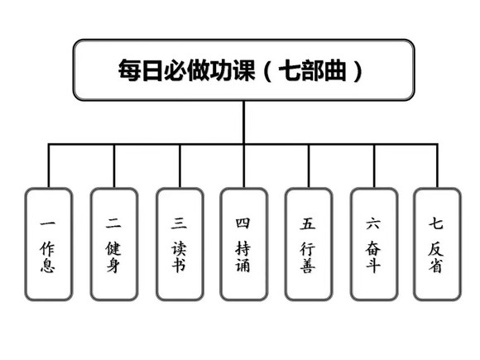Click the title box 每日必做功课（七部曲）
coord(243,70)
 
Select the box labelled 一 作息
coord(48,244)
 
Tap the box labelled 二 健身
coord(113,244)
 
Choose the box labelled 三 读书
coord(179,244)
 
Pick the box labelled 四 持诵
coord(243,244)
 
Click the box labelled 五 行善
coord(309,244)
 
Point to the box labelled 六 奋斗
coord(373,244)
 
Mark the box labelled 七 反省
coord(437,244)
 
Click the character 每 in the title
coord(129,70)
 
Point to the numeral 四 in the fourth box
coord(243,223)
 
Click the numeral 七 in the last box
coord(437,223)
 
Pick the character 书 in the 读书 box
coord(179,266)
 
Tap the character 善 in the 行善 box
coord(309,266)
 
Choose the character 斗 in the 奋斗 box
coord(373,266)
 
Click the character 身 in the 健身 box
coord(113,266)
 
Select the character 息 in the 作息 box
coord(48,266)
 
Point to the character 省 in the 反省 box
coord(437,266)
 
